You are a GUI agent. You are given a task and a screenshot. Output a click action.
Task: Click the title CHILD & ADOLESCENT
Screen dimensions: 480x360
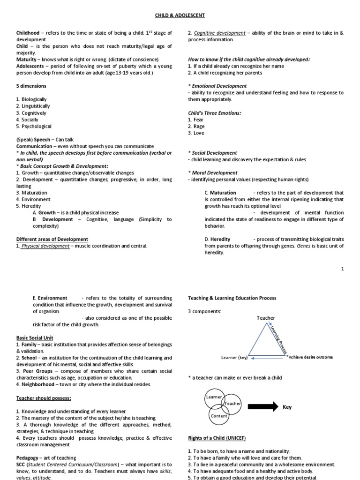180,15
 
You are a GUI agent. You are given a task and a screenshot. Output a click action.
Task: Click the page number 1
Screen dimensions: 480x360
343,269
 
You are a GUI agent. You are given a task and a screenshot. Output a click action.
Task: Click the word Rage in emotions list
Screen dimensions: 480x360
199,127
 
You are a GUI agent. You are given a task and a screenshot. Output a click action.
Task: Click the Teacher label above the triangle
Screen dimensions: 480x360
266,318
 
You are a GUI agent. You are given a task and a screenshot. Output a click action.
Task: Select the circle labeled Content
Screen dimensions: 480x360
219,416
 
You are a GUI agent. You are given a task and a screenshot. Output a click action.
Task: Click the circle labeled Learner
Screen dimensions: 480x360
214,397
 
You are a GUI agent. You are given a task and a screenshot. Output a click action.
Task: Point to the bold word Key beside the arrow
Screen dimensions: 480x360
287,407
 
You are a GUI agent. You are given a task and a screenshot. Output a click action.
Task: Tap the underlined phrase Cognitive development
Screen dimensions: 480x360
219,33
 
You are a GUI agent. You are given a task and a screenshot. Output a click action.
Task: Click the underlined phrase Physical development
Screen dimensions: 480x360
45,246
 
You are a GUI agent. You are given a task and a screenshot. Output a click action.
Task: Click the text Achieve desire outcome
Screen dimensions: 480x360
310,357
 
